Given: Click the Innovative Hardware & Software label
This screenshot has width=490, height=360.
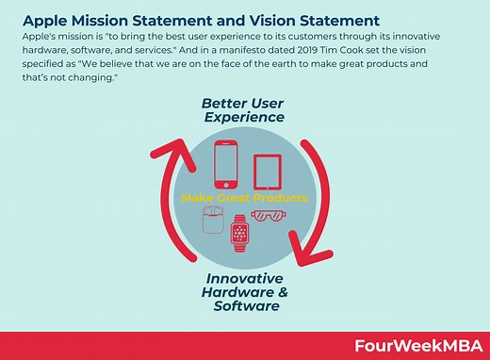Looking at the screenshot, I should pos(245,292).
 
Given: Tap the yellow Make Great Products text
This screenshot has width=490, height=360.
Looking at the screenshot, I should pos(244,199).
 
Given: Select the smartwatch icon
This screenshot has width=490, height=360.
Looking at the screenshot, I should pos(240,230).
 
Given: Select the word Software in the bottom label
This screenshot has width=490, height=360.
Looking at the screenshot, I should pos(245,306).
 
